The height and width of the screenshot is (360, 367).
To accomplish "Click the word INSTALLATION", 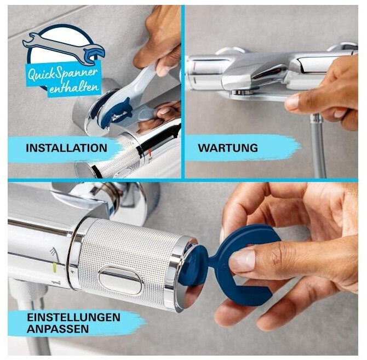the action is pyautogui.click(x=66, y=148).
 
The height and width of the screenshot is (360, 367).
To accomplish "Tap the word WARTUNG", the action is pyautogui.click(x=228, y=148).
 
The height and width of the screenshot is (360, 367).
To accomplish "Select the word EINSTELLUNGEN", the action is pyautogui.click(x=73, y=317).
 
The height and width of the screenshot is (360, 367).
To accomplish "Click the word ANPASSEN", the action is pyautogui.click(x=58, y=329).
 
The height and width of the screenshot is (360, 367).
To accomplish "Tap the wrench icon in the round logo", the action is pyautogui.click(x=64, y=48).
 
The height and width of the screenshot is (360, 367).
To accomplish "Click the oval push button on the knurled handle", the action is pyautogui.click(x=121, y=279).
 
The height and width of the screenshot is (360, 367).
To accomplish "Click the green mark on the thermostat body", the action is pyautogui.click(x=55, y=267).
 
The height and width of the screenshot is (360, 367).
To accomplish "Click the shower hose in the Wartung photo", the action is pyautogui.click(x=319, y=145).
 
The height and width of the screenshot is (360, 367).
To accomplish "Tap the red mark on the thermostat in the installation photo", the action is pyautogui.click(x=150, y=152).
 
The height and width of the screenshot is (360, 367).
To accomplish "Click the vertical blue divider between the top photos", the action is pyautogui.click(x=183, y=92).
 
